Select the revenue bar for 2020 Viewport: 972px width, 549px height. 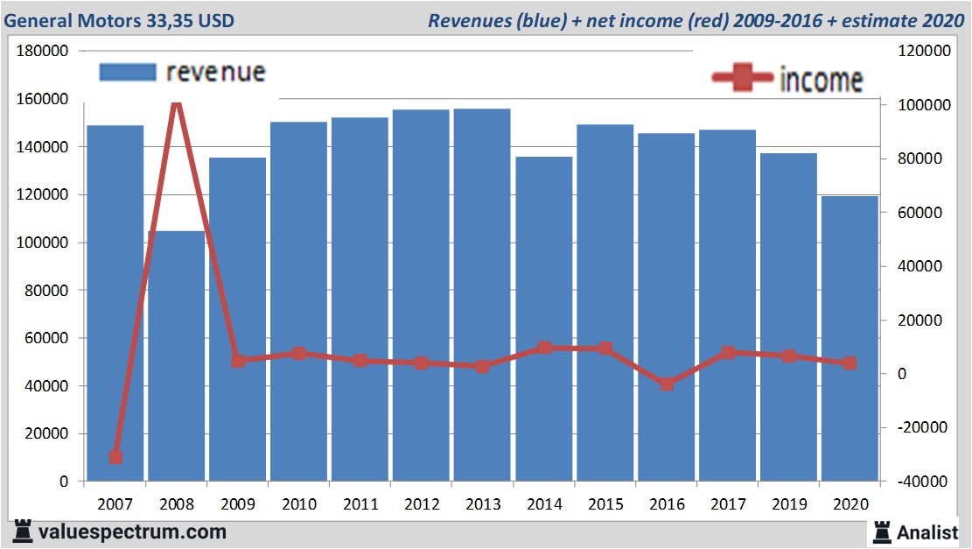(x=850, y=341)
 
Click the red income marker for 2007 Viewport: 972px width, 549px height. (x=115, y=457)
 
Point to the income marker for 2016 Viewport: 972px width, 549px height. (x=667, y=384)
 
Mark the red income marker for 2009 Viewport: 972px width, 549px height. (x=238, y=360)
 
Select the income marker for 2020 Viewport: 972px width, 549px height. (x=850, y=362)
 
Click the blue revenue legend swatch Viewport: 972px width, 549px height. (x=128, y=71)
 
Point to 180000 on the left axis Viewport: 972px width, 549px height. (x=43, y=52)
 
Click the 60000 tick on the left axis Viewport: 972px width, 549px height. (x=46, y=338)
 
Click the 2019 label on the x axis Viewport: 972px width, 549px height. (x=788, y=504)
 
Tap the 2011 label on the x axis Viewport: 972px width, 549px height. (x=360, y=504)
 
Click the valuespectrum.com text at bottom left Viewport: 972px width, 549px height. (x=132, y=531)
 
